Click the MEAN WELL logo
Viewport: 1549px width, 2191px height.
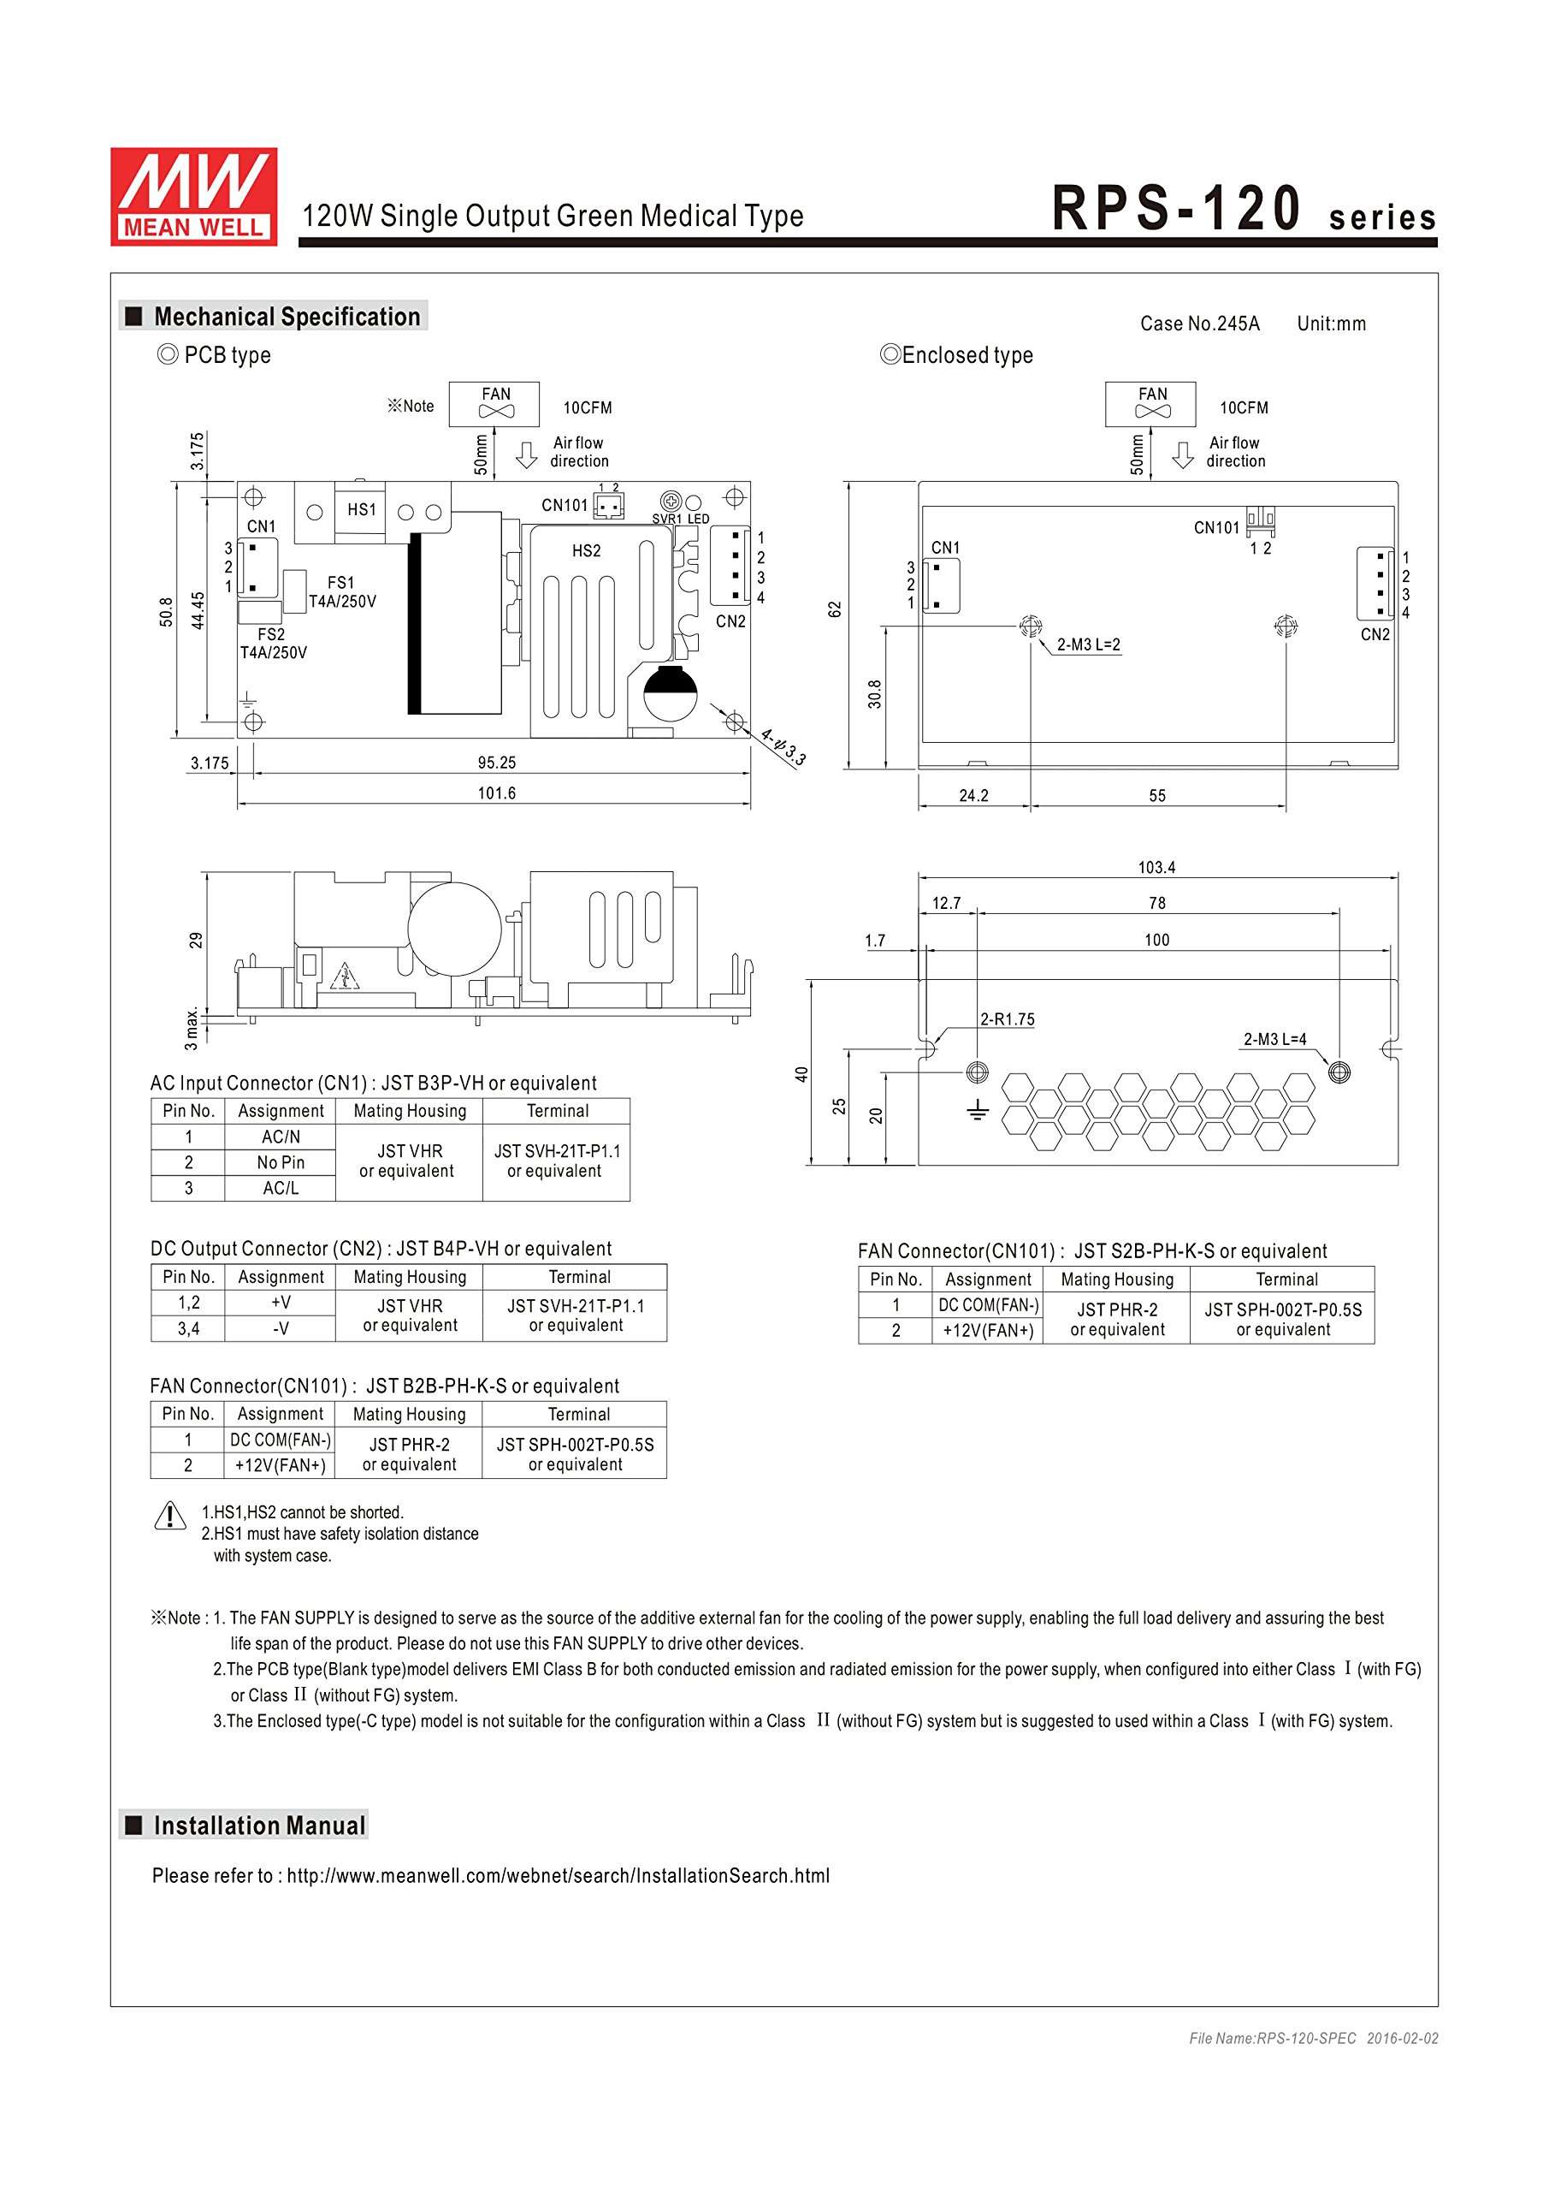193,197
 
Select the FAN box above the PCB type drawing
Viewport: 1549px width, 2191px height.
494,403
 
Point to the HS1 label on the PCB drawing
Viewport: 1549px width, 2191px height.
362,509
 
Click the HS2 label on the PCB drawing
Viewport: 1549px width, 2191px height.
587,550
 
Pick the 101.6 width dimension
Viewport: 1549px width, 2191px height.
497,793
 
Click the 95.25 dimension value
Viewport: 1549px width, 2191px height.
497,763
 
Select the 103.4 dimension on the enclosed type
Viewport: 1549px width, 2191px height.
1156,868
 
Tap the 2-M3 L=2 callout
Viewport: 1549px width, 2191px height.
1088,644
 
